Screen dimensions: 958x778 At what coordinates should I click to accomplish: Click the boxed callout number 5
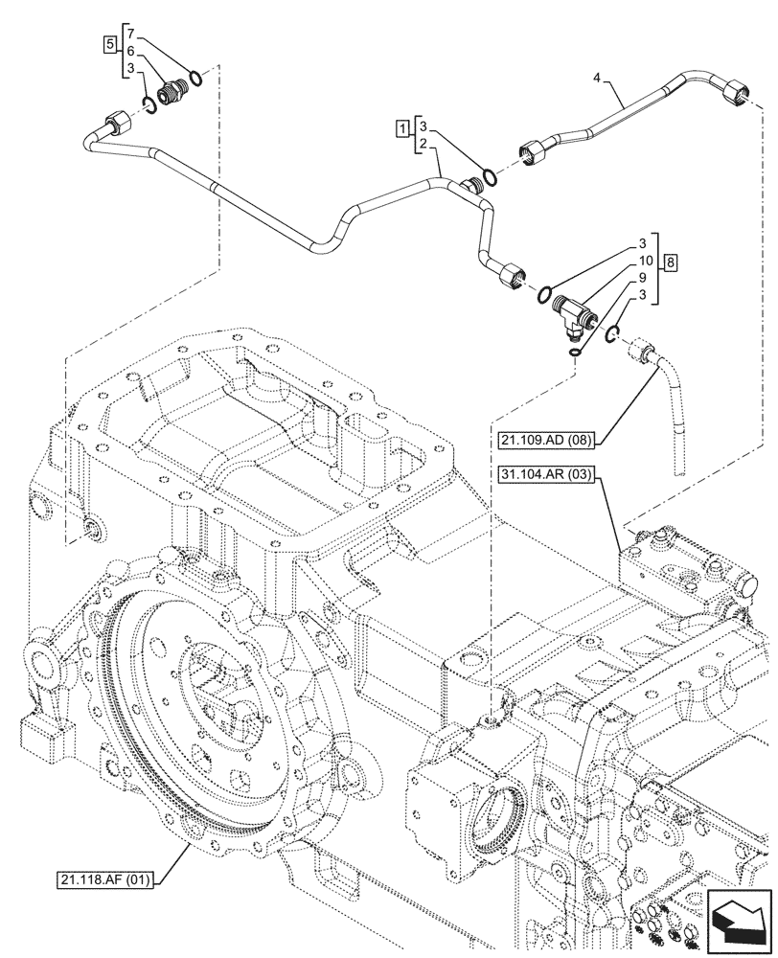[111, 44]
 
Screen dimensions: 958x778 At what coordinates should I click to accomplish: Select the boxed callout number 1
[405, 126]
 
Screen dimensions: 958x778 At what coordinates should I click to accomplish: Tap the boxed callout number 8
[671, 262]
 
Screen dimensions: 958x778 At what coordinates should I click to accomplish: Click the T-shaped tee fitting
[578, 310]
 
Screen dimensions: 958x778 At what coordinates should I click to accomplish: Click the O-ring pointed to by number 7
[194, 78]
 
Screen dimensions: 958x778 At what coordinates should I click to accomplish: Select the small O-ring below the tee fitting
[573, 354]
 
